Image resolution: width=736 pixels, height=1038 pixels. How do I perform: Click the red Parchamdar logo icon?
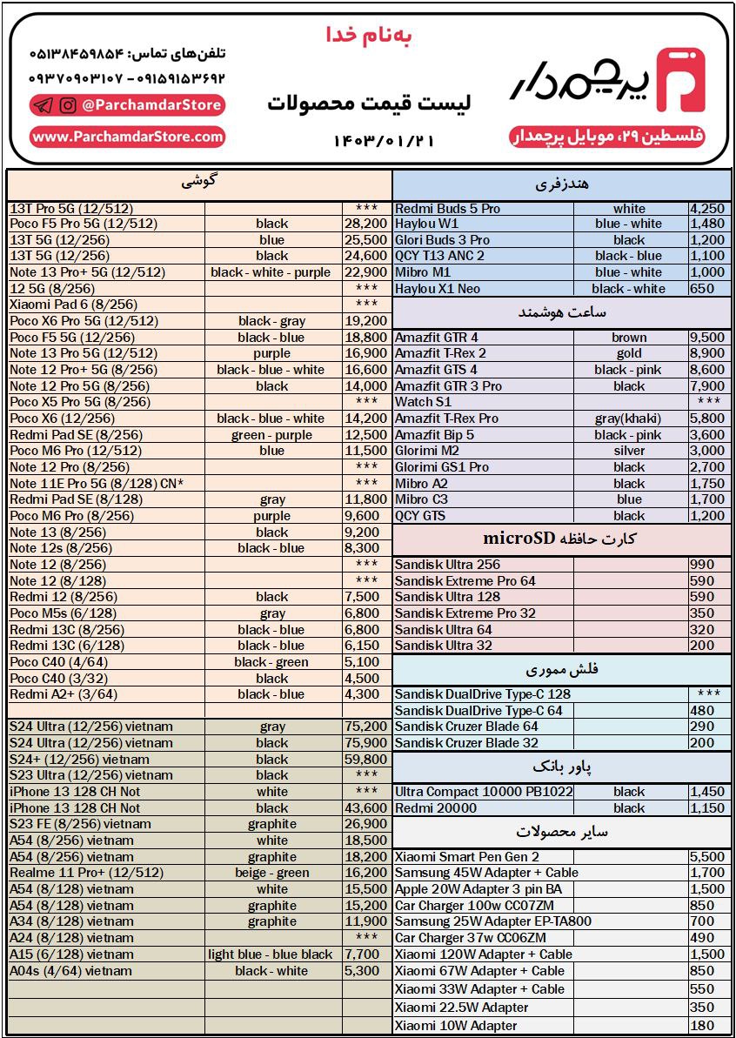(x=680, y=80)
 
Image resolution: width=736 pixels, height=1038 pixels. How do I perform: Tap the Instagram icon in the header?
(x=67, y=106)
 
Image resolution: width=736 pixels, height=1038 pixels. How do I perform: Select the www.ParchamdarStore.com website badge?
(x=128, y=137)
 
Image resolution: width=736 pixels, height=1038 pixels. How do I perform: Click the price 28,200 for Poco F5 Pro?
(x=365, y=224)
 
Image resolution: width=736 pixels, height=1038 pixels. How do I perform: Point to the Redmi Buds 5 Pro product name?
(x=448, y=209)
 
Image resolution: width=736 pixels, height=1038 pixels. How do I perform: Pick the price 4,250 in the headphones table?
(x=706, y=209)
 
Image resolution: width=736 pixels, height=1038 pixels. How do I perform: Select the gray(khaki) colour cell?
(x=629, y=419)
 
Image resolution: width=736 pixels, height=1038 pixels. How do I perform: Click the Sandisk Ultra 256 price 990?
(x=701, y=565)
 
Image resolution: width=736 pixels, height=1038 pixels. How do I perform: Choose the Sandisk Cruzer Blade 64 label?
(x=466, y=727)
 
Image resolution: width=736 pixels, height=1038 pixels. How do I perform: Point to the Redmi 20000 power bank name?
(x=436, y=808)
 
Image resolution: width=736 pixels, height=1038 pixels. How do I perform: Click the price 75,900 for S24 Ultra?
(x=365, y=743)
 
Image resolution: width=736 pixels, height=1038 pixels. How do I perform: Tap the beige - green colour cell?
(x=271, y=873)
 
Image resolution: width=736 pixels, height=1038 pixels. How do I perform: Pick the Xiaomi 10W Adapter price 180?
(x=701, y=1026)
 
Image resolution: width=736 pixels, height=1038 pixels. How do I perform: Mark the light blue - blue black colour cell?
(x=271, y=954)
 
